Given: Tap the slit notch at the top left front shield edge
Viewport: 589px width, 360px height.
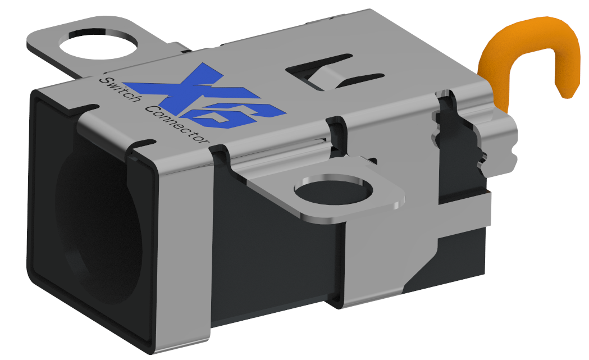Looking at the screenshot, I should coord(84,106).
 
